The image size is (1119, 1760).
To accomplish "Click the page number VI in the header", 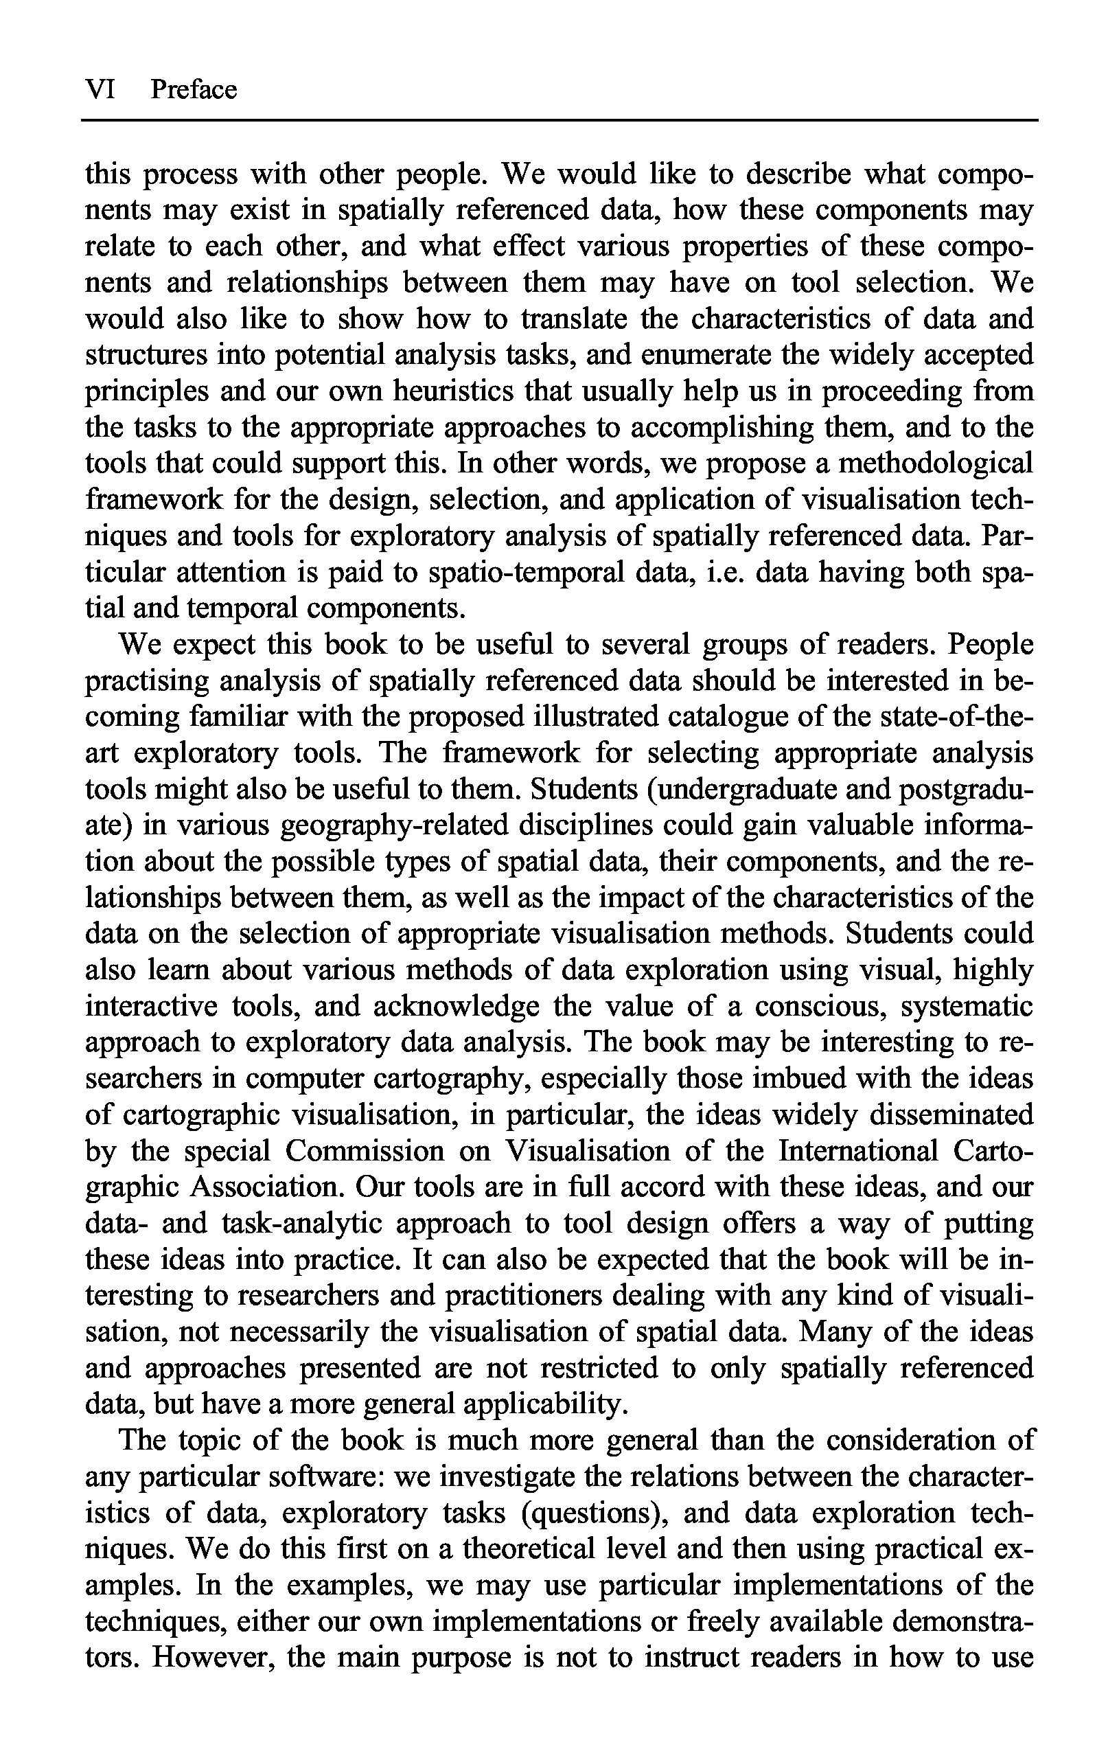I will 100,89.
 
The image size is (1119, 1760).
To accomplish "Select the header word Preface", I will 194,89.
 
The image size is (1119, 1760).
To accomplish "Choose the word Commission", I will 365,1151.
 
